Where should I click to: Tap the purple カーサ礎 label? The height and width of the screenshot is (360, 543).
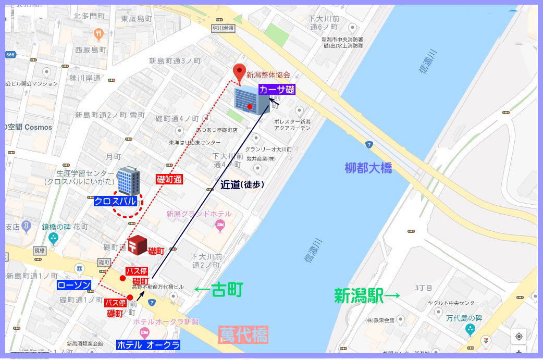(x=277, y=89)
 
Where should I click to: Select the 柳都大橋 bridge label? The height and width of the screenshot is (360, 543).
(x=368, y=168)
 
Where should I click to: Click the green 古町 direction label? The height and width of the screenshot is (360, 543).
(x=219, y=290)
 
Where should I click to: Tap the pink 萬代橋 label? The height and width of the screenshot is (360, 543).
(x=243, y=334)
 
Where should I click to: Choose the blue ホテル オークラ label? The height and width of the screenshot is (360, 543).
(x=149, y=345)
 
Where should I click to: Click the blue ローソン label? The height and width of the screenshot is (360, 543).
(x=74, y=285)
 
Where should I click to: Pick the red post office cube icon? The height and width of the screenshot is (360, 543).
(x=138, y=245)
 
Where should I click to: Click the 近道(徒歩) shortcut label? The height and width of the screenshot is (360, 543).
(x=242, y=184)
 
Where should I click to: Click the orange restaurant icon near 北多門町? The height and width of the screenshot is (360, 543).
(x=99, y=34)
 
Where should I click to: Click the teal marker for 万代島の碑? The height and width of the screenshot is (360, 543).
(x=470, y=329)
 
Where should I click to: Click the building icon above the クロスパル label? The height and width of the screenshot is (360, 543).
(x=128, y=181)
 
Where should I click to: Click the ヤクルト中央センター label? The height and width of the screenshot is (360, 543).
(x=454, y=303)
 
